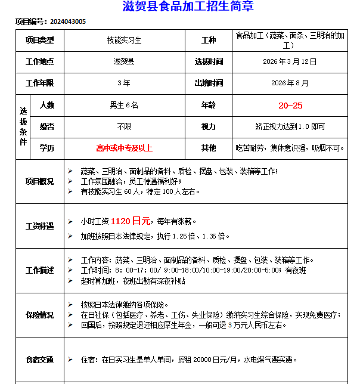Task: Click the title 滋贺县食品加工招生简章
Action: click(179, 7)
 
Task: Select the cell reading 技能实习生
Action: click(124, 41)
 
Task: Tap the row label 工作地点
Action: click(39, 61)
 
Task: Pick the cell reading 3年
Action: click(124, 83)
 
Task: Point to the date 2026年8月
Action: click(290, 83)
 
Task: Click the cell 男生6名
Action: click(124, 105)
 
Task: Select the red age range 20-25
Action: click(290, 106)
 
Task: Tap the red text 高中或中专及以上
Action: click(124, 148)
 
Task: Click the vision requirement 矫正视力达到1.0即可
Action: click(290, 126)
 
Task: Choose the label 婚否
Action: click(47, 126)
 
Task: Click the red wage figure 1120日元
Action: click(130, 221)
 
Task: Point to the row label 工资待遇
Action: click(39, 227)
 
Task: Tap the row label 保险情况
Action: click(39, 315)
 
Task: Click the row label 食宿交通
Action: click(39, 360)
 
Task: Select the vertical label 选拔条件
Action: click(23, 126)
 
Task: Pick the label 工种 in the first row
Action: click(209, 41)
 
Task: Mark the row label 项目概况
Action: click(39, 181)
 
